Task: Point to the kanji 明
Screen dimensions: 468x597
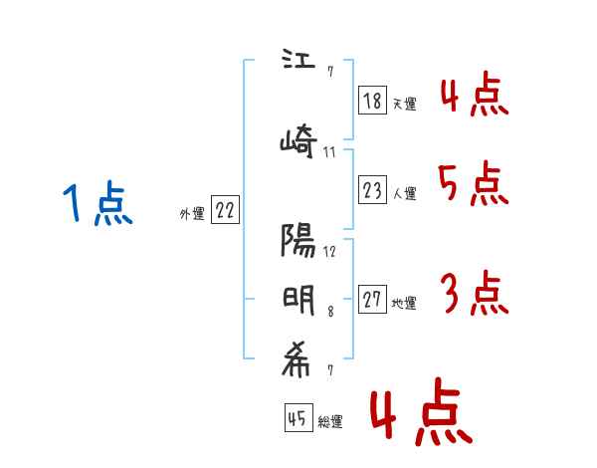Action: tap(298, 299)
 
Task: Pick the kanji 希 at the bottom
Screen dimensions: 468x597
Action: tap(298, 363)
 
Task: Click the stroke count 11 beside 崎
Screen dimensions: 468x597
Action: tap(330, 152)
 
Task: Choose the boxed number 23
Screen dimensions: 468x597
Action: tap(372, 190)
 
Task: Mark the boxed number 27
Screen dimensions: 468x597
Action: tap(372, 300)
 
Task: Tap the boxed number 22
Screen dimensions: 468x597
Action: tap(225, 210)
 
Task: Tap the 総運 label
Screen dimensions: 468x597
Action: tap(329, 422)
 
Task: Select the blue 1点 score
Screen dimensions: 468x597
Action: tap(96, 205)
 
